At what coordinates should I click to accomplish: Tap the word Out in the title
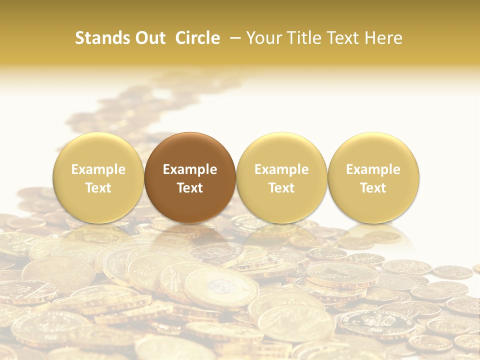(150, 38)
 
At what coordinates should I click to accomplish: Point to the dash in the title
(233, 38)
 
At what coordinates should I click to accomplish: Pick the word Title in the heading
(302, 38)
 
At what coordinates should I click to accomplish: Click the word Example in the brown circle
(190, 169)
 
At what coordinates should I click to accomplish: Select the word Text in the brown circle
(190, 188)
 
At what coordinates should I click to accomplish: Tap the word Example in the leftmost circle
(98, 169)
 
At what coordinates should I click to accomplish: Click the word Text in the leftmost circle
(98, 188)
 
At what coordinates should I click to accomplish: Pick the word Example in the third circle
(281, 169)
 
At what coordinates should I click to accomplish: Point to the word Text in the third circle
(281, 188)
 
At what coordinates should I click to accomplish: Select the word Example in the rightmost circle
(373, 169)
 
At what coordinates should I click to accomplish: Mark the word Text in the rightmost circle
(373, 188)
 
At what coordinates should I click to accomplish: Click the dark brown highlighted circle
(190, 150)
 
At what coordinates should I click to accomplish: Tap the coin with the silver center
(220, 286)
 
